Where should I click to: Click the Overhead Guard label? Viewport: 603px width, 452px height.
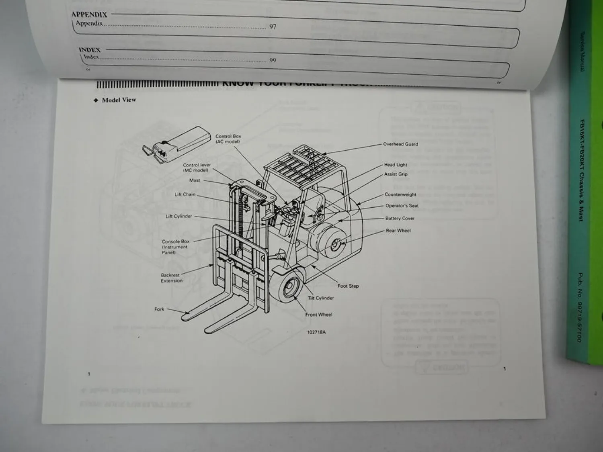pos(400,144)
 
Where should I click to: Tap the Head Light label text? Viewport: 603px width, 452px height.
pos(396,165)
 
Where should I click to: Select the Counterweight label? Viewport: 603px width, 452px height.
pos(400,194)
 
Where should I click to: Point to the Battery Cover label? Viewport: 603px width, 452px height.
pos(400,219)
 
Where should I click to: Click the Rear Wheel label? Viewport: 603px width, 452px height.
pos(398,231)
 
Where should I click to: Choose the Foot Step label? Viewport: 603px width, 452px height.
pos(348,286)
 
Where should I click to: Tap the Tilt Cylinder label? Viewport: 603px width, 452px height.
pos(321,298)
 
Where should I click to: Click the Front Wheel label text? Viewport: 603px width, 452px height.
pos(319,315)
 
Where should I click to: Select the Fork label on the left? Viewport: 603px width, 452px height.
pos(159,309)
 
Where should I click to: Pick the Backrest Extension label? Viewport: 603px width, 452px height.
pos(172,278)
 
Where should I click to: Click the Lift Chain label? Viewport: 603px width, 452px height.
pos(185,194)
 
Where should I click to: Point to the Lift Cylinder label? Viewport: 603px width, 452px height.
pos(179,216)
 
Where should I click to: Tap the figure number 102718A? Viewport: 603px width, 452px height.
pos(316,332)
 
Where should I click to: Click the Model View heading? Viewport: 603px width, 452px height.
pos(119,100)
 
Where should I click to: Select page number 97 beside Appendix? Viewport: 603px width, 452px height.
pos(273,27)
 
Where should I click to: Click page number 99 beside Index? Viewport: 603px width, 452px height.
pos(273,60)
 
